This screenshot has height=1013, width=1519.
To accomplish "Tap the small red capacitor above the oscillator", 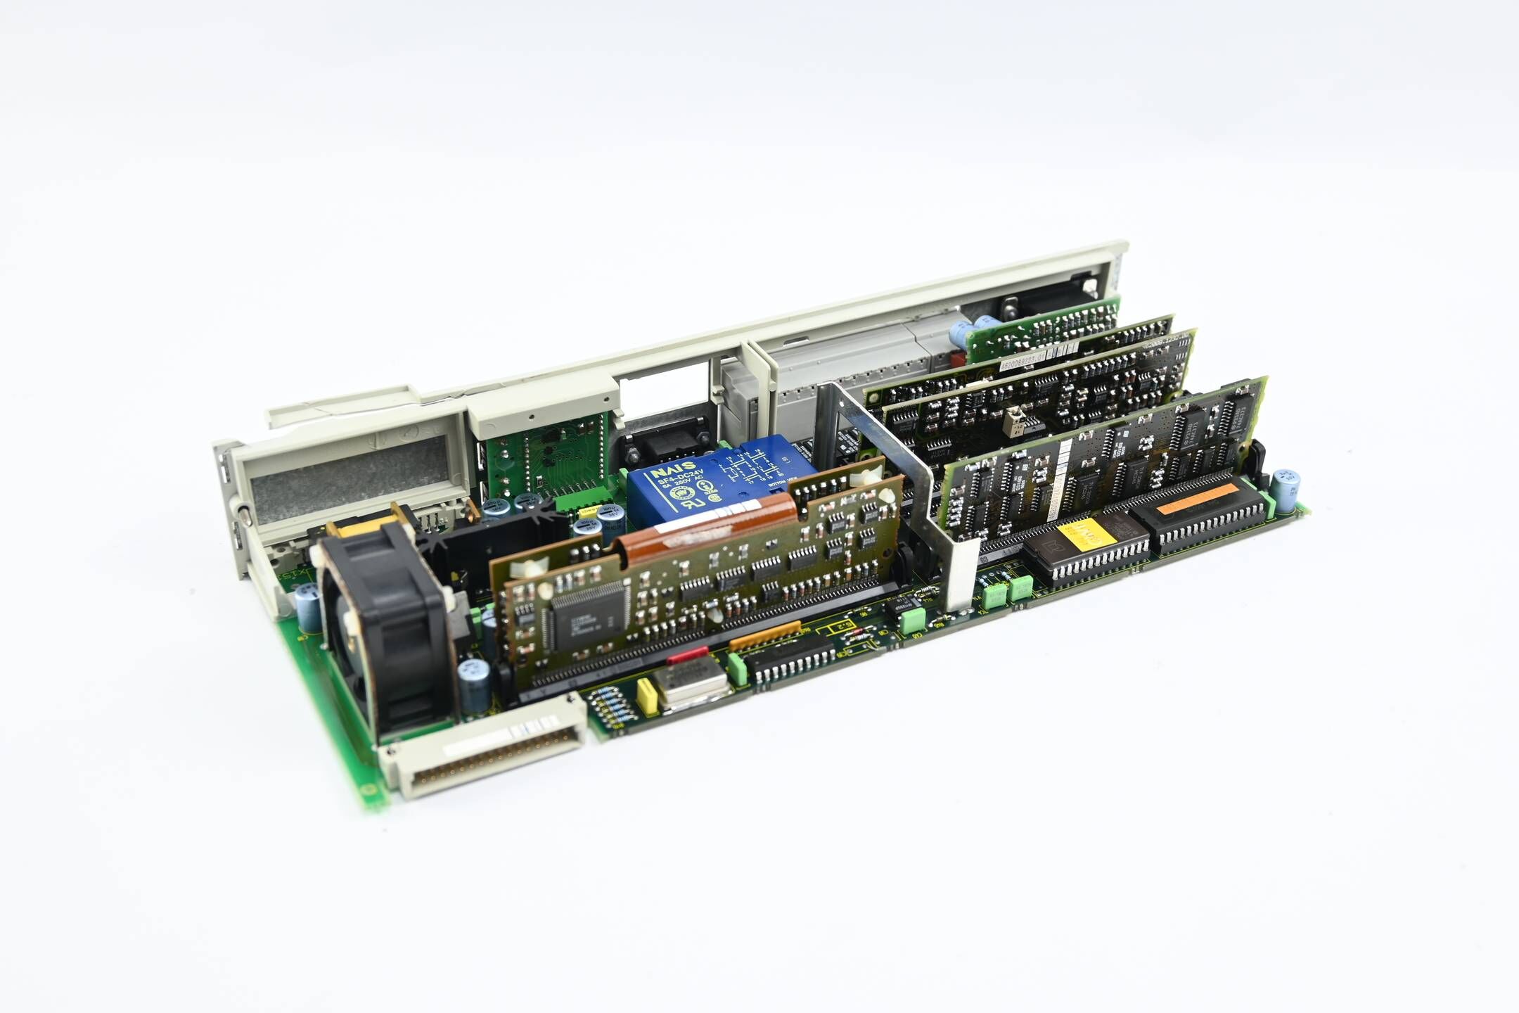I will tap(687, 656).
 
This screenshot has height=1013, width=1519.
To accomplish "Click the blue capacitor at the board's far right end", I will tap(1286, 490).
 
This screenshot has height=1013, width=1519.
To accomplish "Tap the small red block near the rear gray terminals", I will tap(957, 359).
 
